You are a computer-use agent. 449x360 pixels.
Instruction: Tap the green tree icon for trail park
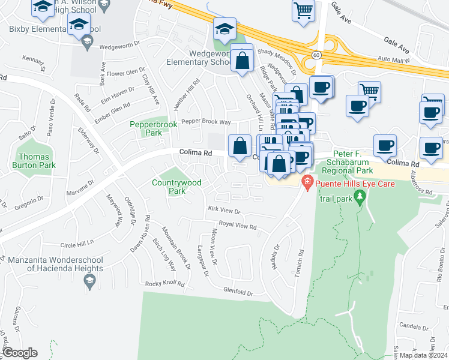tap(360, 196)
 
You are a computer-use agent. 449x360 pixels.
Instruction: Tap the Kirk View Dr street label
tap(223, 211)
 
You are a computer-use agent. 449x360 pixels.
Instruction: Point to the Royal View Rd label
tap(237, 226)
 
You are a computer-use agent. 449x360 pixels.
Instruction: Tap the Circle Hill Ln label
tap(77, 245)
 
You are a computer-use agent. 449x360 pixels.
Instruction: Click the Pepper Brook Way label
tap(206, 121)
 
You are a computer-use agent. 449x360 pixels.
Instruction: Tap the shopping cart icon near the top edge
tap(303, 10)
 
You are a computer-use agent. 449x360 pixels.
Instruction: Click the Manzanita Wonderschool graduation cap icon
tap(89, 280)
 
